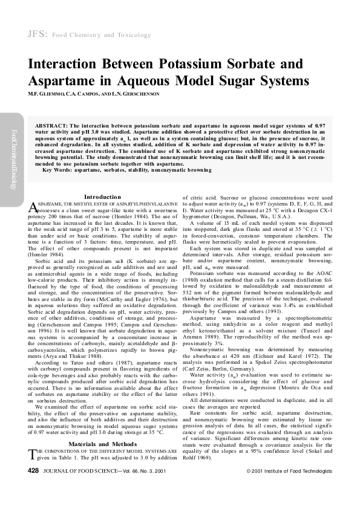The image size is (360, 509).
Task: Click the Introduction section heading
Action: pos(102,197)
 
